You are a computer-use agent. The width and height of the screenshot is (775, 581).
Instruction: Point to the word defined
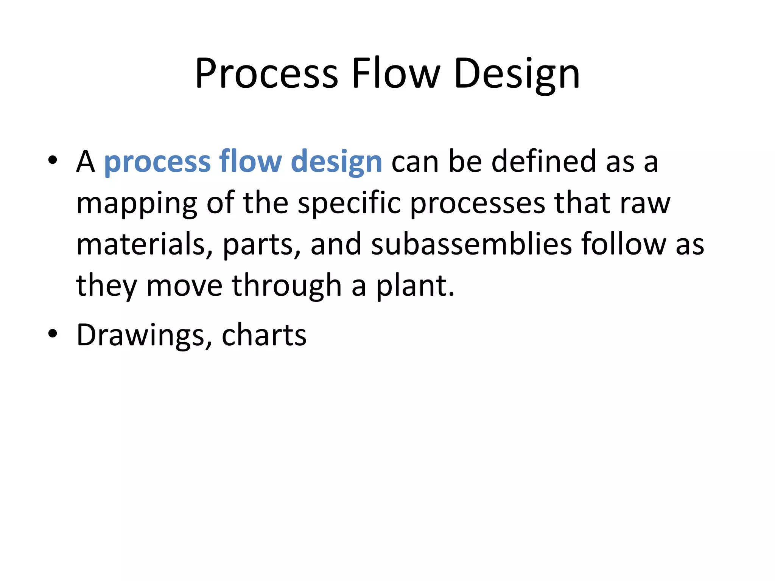pyautogui.click(x=543, y=162)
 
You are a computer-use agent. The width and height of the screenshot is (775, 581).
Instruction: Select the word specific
pyautogui.click(x=349, y=204)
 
